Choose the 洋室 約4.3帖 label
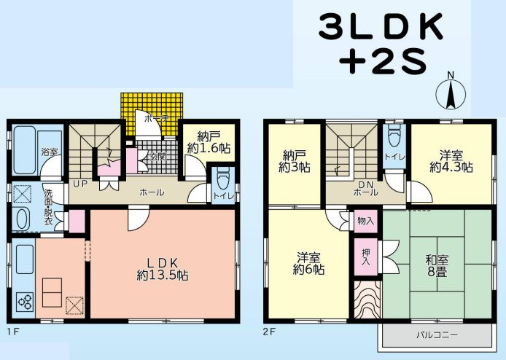pos(450,160)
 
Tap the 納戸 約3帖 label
pos(293,161)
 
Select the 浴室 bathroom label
pos(49,153)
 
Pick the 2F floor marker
pos(270,329)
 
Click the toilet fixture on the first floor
pos(223,179)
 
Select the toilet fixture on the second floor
pos(394,137)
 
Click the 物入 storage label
pos(366,220)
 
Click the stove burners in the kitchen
pos(25,300)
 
